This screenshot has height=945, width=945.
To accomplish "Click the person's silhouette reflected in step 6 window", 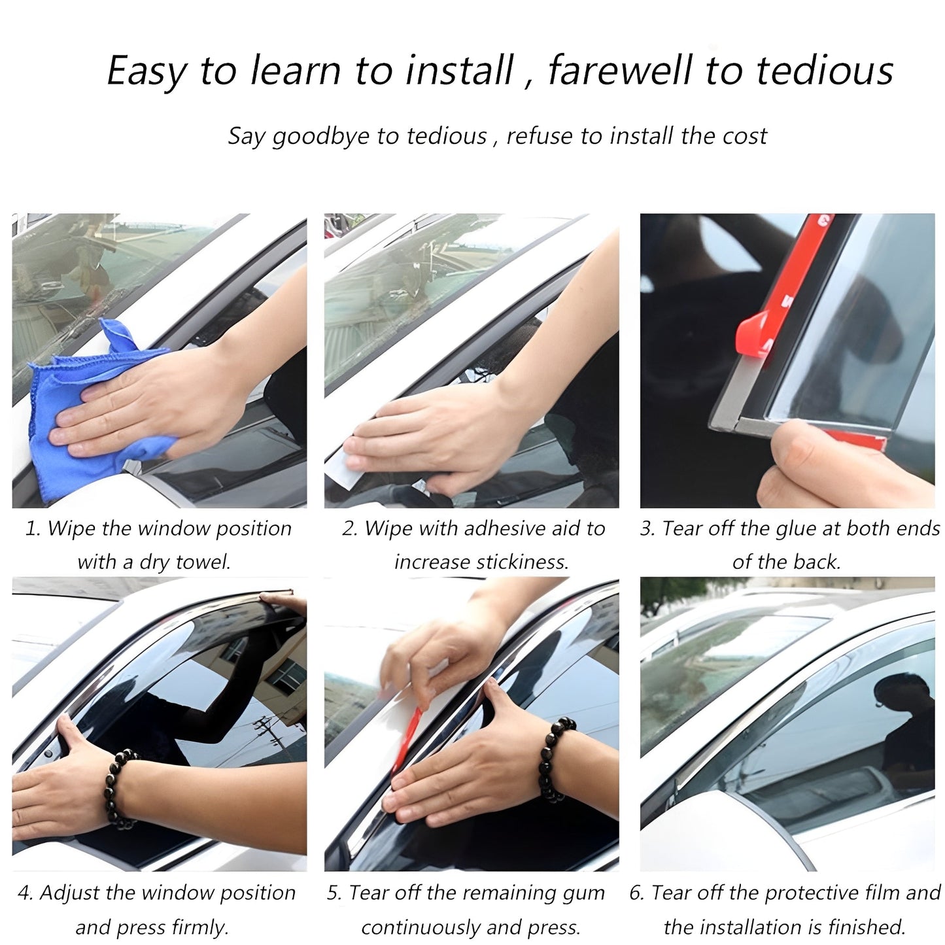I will point(906,719).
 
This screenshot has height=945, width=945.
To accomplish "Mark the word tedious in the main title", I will point(824,71).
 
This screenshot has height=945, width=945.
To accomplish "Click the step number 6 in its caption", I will point(636,893).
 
